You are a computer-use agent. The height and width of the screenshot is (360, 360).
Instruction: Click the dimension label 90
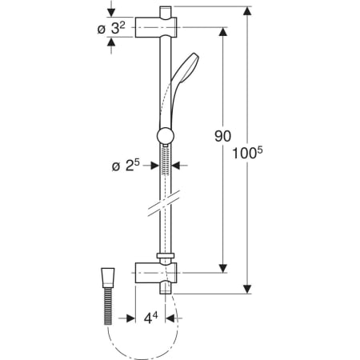[222, 136]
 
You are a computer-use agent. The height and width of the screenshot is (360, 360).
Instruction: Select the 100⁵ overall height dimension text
[247, 153]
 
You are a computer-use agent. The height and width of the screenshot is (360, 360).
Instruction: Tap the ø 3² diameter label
[111, 28]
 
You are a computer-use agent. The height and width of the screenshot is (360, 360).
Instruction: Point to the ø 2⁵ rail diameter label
[126, 166]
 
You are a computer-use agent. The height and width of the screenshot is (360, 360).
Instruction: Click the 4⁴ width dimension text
[150, 318]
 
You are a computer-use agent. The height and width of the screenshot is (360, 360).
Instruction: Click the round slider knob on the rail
[166, 136]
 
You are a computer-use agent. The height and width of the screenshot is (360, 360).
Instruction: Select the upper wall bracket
[156, 27]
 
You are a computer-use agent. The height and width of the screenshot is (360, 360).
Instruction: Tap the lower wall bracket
[156, 273]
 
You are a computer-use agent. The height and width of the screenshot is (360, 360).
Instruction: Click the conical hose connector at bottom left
[108, 278]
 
